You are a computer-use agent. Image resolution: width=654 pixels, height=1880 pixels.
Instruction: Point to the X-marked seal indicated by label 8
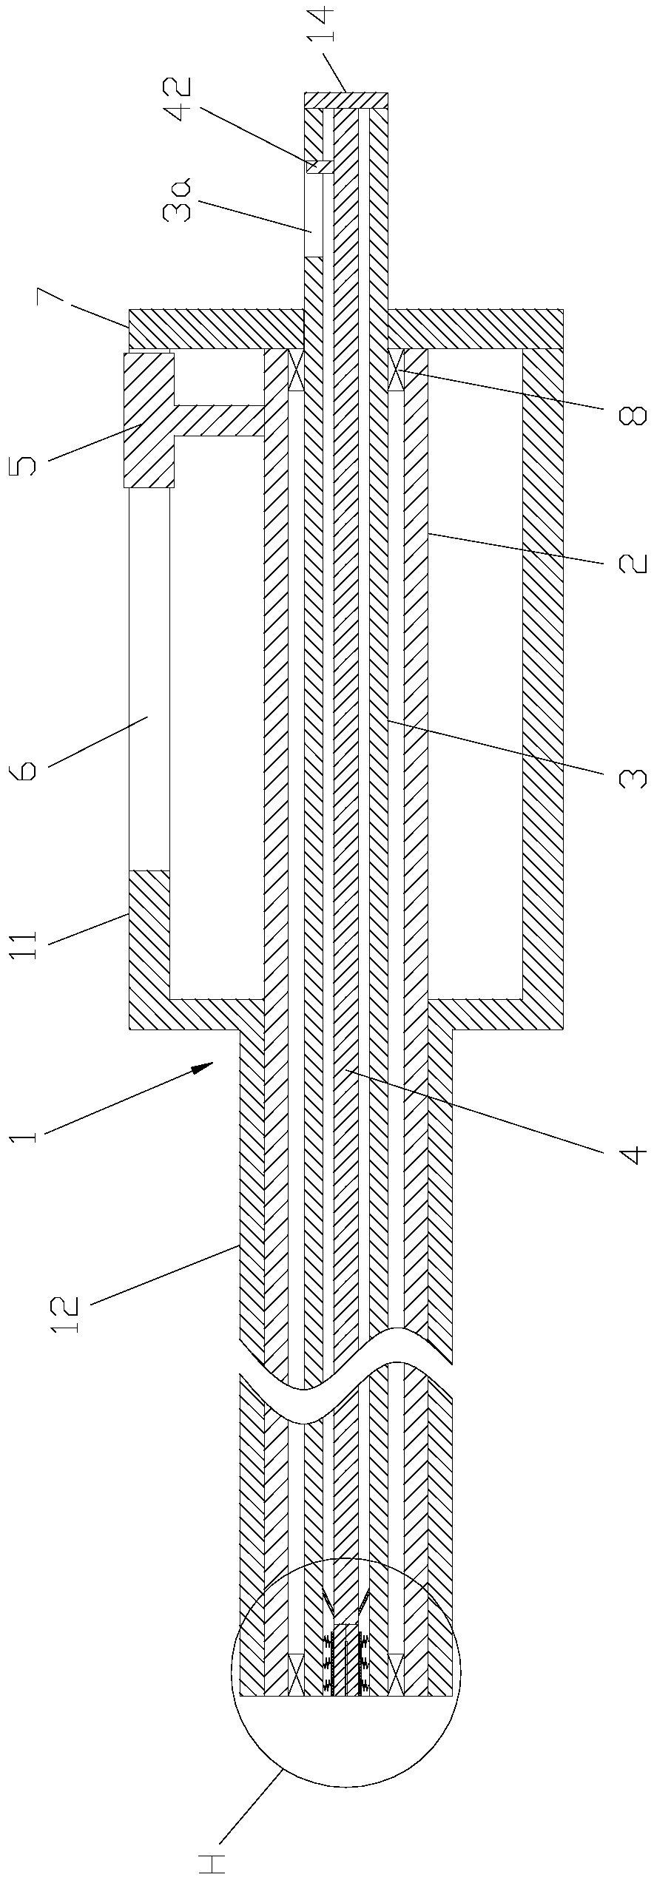(x=397, y=368)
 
